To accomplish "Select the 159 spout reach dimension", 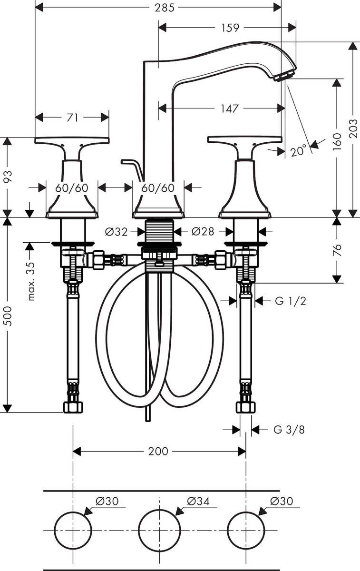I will [x=230, y=28].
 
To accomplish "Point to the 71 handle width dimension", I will [x=72, y=117].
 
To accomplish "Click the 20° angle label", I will [x=298, y=151].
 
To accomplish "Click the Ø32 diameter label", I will [x=117, y=232].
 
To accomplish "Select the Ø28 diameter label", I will [x=203, y=232].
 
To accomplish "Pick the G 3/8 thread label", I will [x=289, y=430].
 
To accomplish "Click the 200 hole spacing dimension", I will [x=158, y=451].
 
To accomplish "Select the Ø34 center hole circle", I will [x=159, y=530].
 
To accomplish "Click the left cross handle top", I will [x=72, y=140].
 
